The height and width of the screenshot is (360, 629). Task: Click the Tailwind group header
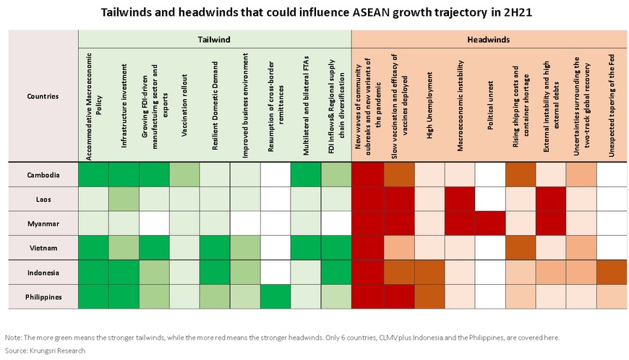pyautogui.click(x=214, y=40)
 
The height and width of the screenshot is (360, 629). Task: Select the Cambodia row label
pyautogui.click(x=43, y=175)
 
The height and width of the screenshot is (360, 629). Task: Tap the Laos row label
pyautogui.click(x=43, y=200)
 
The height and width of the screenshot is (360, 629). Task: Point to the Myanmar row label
pyautogui.click(x=43, y=223)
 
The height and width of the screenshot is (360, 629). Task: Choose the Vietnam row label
pyautogui.click(x=43, y=248)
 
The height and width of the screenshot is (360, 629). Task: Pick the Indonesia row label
pyautogui.click(x=43, y=273)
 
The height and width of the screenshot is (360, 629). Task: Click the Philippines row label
pyautogui.click(x=43, y=297)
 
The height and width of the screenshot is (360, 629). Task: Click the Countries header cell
pyautogui.click(x=43, y=95)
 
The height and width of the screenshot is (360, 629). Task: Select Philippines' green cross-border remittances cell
pyautogui.click(x=275, y=297)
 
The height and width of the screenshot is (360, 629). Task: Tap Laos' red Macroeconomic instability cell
pyautogui.click(x=460, y=200)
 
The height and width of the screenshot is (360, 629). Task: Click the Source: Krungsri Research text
pyautogui.click(x=45, y=351)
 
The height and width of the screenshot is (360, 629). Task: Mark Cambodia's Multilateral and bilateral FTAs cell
pyautogui.click(x=306, y=175)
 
